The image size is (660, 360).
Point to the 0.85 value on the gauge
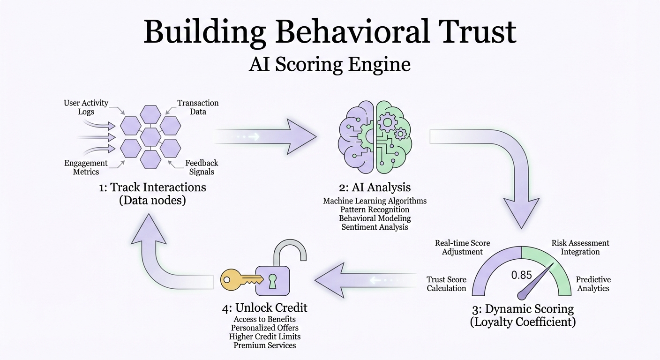(x=521, y=275)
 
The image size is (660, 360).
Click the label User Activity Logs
(x=86, y=107)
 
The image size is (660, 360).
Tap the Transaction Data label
(x=198, y=107)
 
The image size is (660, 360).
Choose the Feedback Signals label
(x=202, y=167)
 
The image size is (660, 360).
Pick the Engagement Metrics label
(x=86, y=167)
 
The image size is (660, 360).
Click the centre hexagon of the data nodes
(x=150, y=136)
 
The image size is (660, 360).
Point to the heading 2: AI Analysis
(x=375, y=187)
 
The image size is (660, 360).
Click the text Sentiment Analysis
(x=375, y=227)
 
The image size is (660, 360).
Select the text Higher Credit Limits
(x=265, y=337)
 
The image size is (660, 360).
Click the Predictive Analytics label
(x=593, y=284)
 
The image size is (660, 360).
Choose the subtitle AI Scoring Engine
(x=330, y=64)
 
